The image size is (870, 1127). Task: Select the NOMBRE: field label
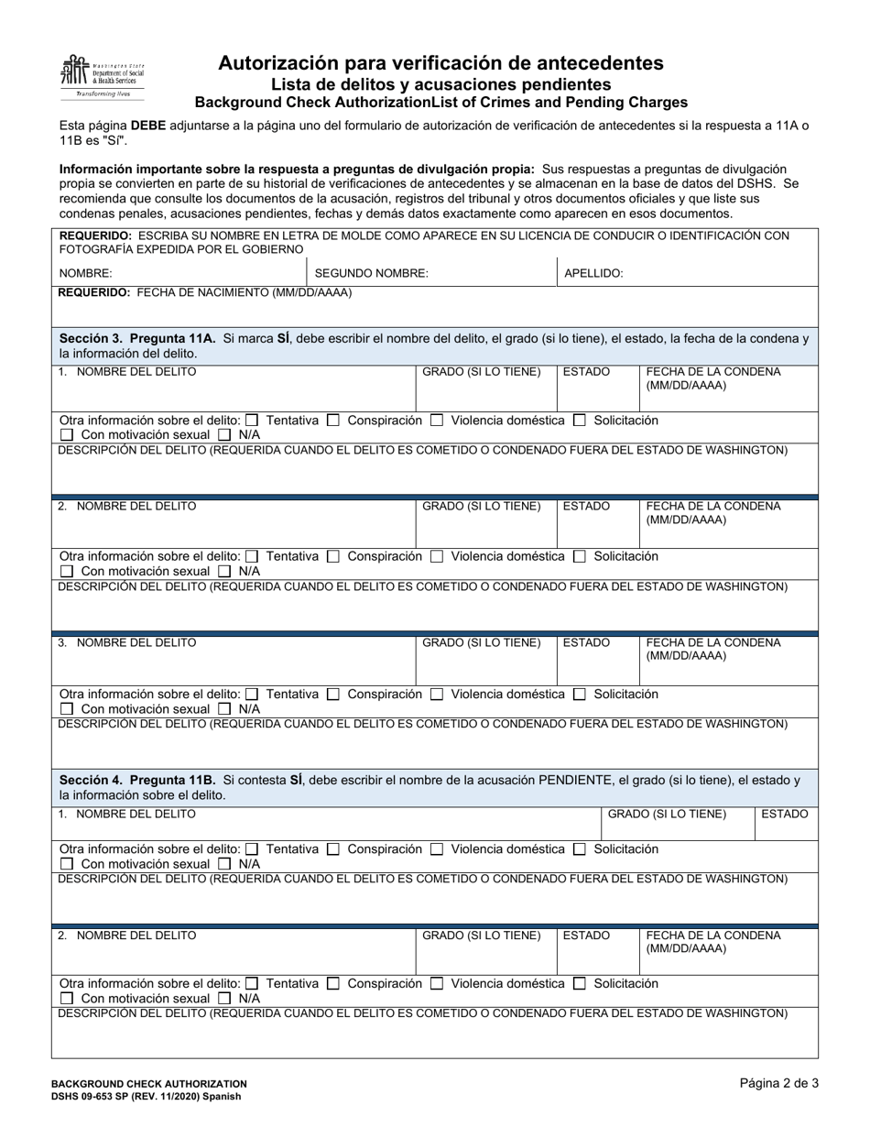coord(85,273)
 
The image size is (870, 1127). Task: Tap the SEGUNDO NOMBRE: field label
coord(371,273)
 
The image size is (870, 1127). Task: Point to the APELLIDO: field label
coord(593,273)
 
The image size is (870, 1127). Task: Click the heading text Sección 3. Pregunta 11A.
coord(137,338)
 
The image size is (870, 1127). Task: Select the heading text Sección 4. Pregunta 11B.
coord(137,780)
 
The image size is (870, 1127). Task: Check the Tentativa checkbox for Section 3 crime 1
coord(253,421)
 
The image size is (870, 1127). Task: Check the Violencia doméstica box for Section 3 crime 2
coord(437,556)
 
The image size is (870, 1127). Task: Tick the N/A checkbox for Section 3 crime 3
coord(225,709)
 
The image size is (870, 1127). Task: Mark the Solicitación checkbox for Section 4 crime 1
coord(580,849)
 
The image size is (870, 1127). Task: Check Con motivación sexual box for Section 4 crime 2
coord(67,999)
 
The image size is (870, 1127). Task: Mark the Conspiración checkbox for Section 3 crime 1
coord(333,421)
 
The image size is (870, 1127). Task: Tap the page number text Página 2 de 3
coord(778,1082)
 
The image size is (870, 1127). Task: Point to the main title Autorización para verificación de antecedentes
coord(440,63)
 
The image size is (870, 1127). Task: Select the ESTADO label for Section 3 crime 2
coord(586,506)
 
